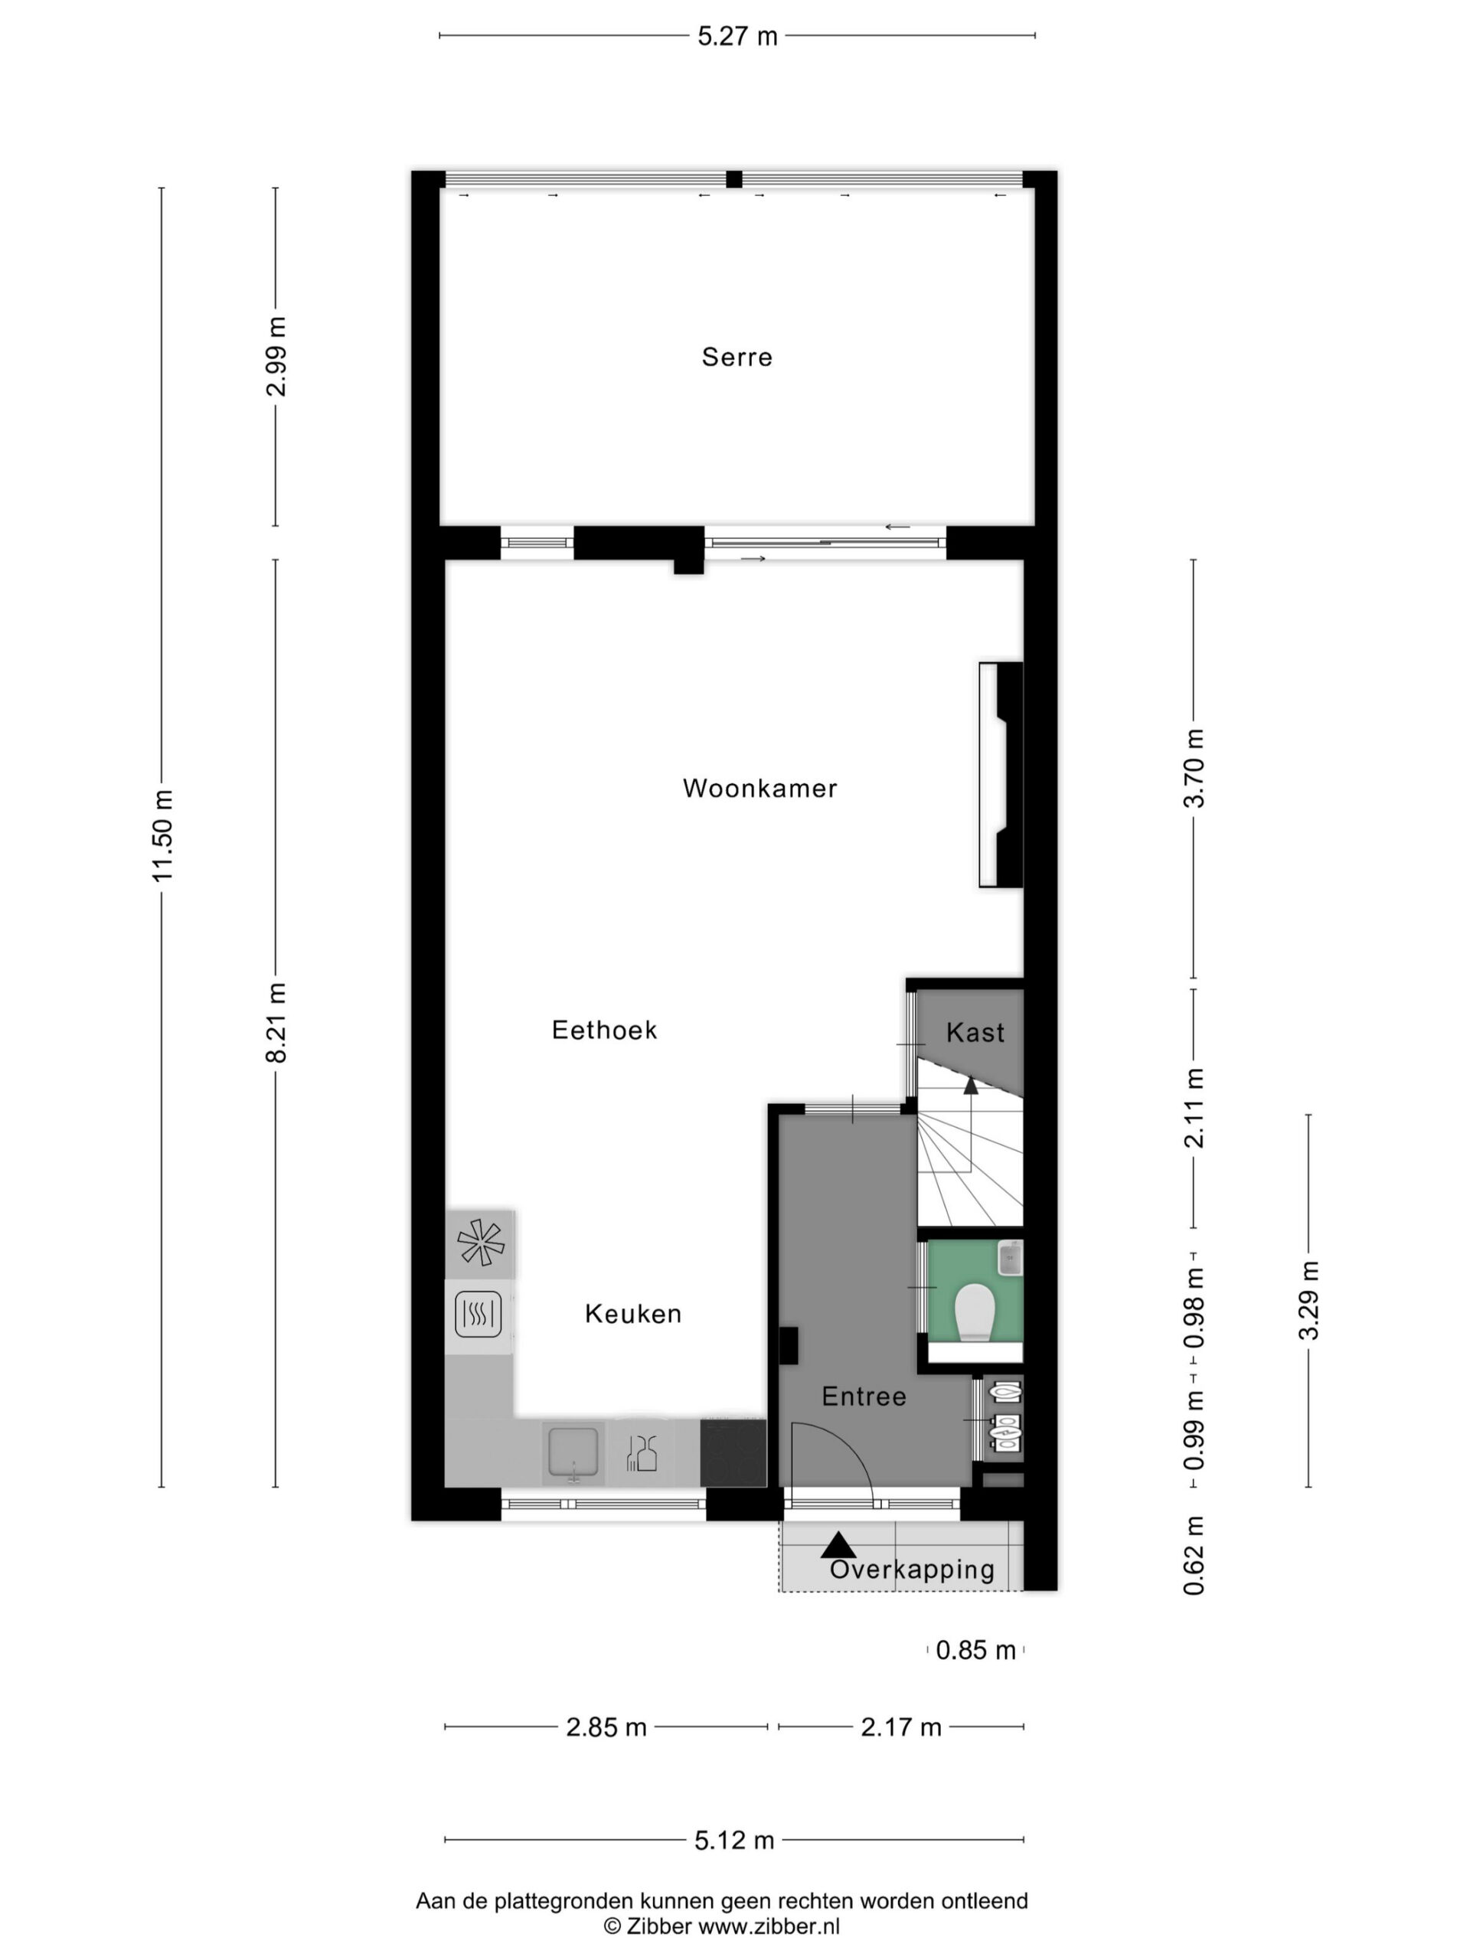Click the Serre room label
737,357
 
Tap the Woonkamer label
759,788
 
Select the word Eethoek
604,1030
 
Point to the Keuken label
632,1313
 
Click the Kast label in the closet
975,1032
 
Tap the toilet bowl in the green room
975,1312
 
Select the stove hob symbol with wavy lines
479,1314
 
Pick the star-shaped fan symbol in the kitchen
480,1243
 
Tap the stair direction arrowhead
971,1086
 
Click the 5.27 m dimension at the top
737,36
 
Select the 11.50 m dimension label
162,835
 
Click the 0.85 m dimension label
975,1650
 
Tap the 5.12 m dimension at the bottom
733,1841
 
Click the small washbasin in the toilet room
1010,1257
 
